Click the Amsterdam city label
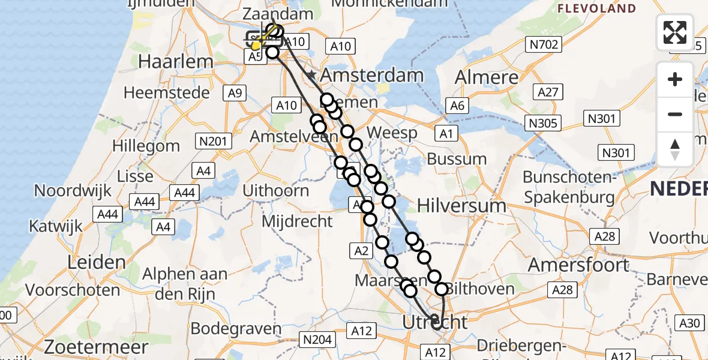click(x=372, y=76)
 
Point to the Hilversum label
click(x=470, y=205)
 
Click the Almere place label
click(x=487, y=77)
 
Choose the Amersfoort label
click(x=578, y=265)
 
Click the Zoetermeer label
click(x=97, y=347)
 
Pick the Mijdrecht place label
click(x=297, y=221)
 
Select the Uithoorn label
click(x=276, y=191)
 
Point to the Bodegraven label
click(x=236, y=329)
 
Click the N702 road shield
click(x=544, y=44)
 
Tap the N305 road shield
click(x=544, y=124)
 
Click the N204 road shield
click(x=318, y=340)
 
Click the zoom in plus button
click(x=675, y=79)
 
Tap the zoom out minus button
click(x=675, y=114)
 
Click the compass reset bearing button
click(x=675, y=149)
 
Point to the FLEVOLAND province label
click(x=597, y=8)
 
